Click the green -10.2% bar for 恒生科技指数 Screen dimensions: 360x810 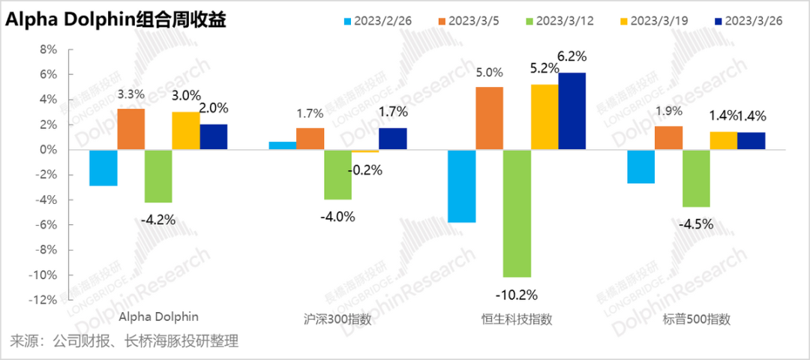pyautogui.click(x=517, y=213)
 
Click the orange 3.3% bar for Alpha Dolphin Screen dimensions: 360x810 pyautogui.click(x=130, y=129)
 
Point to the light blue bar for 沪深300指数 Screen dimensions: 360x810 pyautogui.click(x=283, y=145)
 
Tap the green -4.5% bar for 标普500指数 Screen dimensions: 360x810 pyautogui.click(x=696, y=178)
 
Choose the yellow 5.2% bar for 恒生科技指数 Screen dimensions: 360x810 pyautogui.click(x=544, y=117)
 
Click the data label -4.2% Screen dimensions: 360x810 pyautogui.click(x=157, y=220)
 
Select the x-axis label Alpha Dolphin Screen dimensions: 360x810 pyautogui.click(x=160, y=317)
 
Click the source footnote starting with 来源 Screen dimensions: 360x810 pyautogui.click(x=124, y=342)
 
